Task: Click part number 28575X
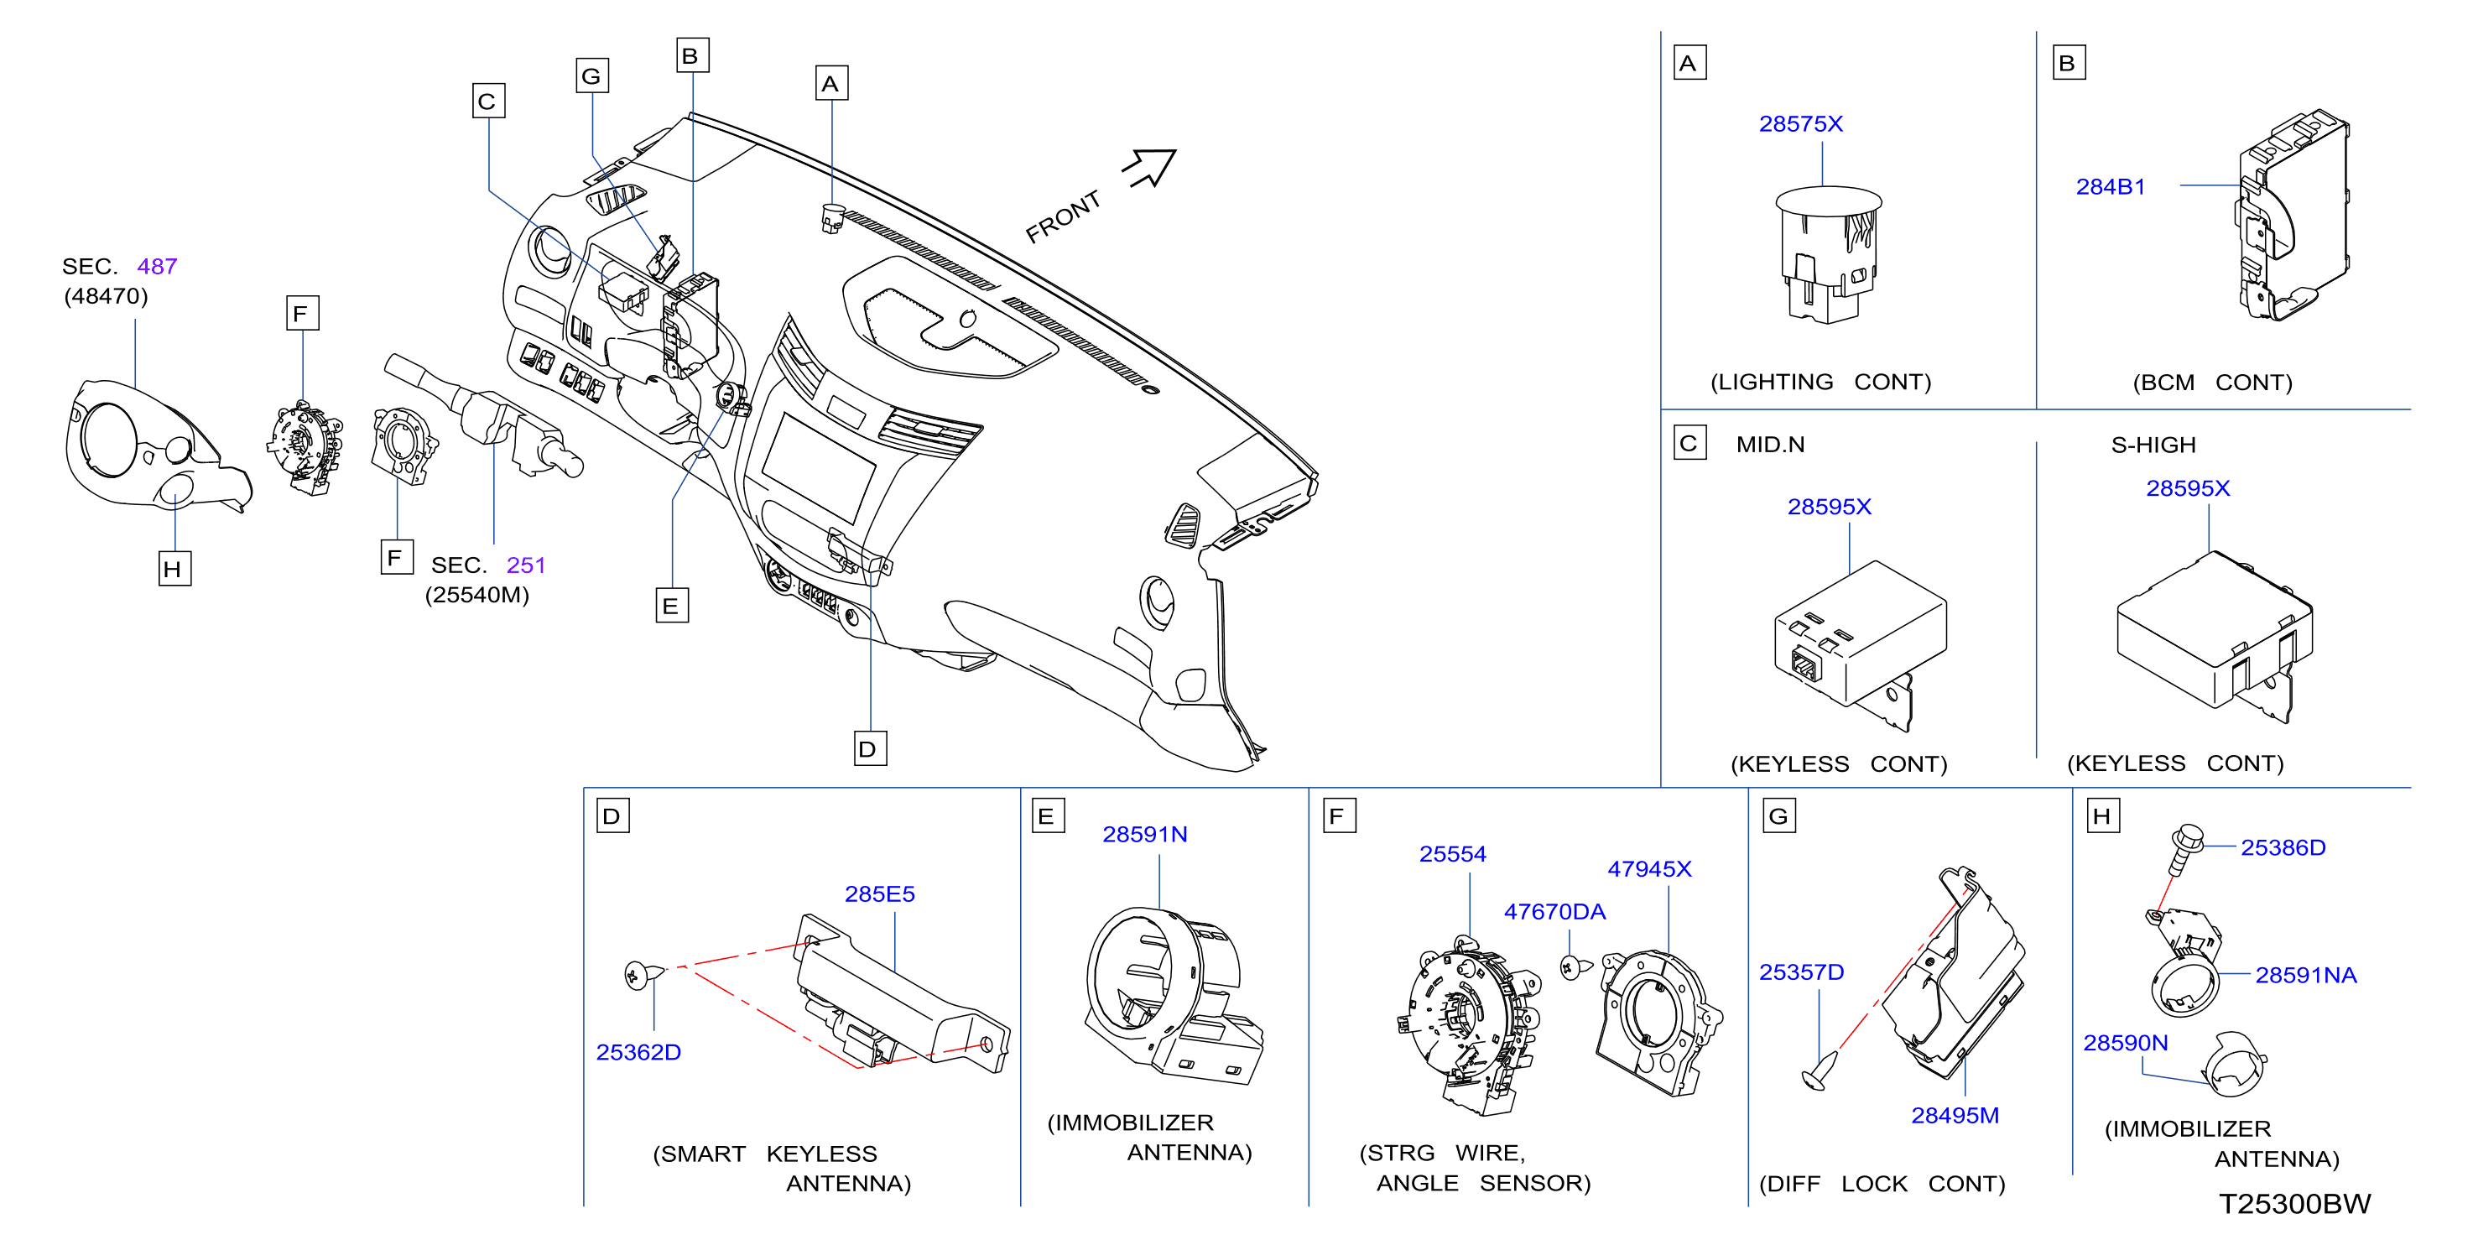tap(1800, 124)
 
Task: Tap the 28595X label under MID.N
tap(1829, 506)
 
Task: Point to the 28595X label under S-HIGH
tap(2188, 487)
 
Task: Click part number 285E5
tap(879, 893)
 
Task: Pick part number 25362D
tap(638, 1052)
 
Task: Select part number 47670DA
tap(1554, 911)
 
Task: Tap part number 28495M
tap(1955, 1116)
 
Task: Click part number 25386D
tap(2283, 847)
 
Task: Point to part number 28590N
tap(2126, 1043)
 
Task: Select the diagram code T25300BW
tap(2294, 1204)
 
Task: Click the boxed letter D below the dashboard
tap(870, 748)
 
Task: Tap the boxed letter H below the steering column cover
tap(174, 568)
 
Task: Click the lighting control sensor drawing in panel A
tap(1828, 254)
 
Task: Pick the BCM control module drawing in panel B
tap(2293, 215)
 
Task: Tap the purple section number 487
tap(157, 266)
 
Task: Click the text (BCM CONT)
tap(2212, 382)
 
